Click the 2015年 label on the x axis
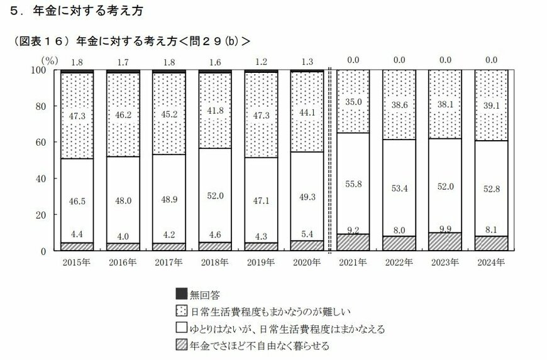[x=77, y=262]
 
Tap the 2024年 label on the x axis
[x=490, y=262]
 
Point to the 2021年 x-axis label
[x=353, y=262]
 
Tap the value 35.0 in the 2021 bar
[x=353, y=102]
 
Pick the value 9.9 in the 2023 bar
[x=445, y=229]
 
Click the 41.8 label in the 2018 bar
[x=215, y=111]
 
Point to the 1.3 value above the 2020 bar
[x=307, y=61]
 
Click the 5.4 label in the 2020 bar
[x=307, y=234]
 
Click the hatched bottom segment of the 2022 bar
[x=399, y=243]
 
